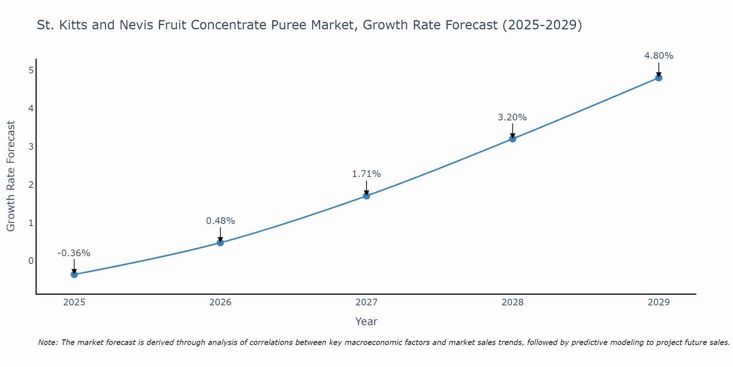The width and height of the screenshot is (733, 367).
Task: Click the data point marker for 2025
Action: [x=74, y=275]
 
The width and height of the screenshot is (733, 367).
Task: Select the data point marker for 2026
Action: [x=220, y=243]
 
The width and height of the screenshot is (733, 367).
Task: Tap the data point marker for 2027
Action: [x=366, y=196]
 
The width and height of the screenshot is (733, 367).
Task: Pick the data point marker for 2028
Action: [x=513, y=139]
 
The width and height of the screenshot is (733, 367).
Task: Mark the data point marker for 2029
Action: [x=659, y=78]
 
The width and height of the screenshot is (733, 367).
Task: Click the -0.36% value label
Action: [x=74, y=253]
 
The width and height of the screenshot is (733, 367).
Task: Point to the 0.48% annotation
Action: [x=220, y=221]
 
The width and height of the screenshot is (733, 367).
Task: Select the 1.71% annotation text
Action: [x=366, y=174]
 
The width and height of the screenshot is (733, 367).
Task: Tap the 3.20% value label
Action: [x=512, y=117]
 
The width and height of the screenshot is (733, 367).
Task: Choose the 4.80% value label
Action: [x=659, y=56]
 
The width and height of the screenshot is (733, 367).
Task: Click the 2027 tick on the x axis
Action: [x=366, y=302]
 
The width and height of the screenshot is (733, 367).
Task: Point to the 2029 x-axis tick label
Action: [x=659, y=302]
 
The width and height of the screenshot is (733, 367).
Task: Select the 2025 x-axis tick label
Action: [x=74, y=302]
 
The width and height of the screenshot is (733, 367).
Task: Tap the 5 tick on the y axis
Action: [x=31, y=70]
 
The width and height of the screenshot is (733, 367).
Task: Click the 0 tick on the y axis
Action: [x=31, y=261]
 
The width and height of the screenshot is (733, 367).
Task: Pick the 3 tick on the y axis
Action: [x=31, y=146]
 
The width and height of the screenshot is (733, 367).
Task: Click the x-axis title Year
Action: [x=366, y=321]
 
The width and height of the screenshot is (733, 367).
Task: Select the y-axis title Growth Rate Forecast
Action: [x=11, y=176]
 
